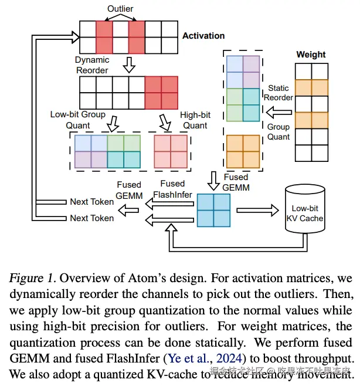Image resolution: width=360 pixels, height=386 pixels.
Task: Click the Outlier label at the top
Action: click(x=120, y=9)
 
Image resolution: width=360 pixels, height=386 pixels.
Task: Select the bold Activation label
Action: click(x=203, y=36)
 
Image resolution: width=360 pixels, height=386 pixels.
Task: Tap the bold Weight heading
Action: click(x=311, y=54)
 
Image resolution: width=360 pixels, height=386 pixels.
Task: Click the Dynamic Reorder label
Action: click(x=92, y=65)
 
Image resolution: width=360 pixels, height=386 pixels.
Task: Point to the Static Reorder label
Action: click(x=279, y=93)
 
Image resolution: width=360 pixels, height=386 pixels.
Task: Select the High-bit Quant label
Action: click(x=195, y=120)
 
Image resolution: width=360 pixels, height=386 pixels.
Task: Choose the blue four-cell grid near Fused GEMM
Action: click(x=213, y=210)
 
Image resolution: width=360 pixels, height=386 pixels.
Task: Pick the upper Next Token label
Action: click(x=91, y=201)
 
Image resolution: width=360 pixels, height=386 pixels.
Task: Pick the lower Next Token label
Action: click(x=91, y=218)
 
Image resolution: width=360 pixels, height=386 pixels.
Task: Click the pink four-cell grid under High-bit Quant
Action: click(x=171, y=151)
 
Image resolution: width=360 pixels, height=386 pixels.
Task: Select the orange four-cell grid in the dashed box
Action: click(x=243, y=151)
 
